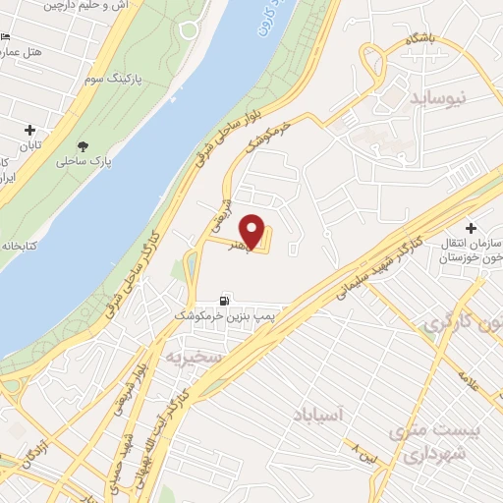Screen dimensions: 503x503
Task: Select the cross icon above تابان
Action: [29, 130]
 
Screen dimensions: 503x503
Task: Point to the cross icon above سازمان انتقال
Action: [471, 226]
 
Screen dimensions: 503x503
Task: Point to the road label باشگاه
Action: [425, 41]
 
